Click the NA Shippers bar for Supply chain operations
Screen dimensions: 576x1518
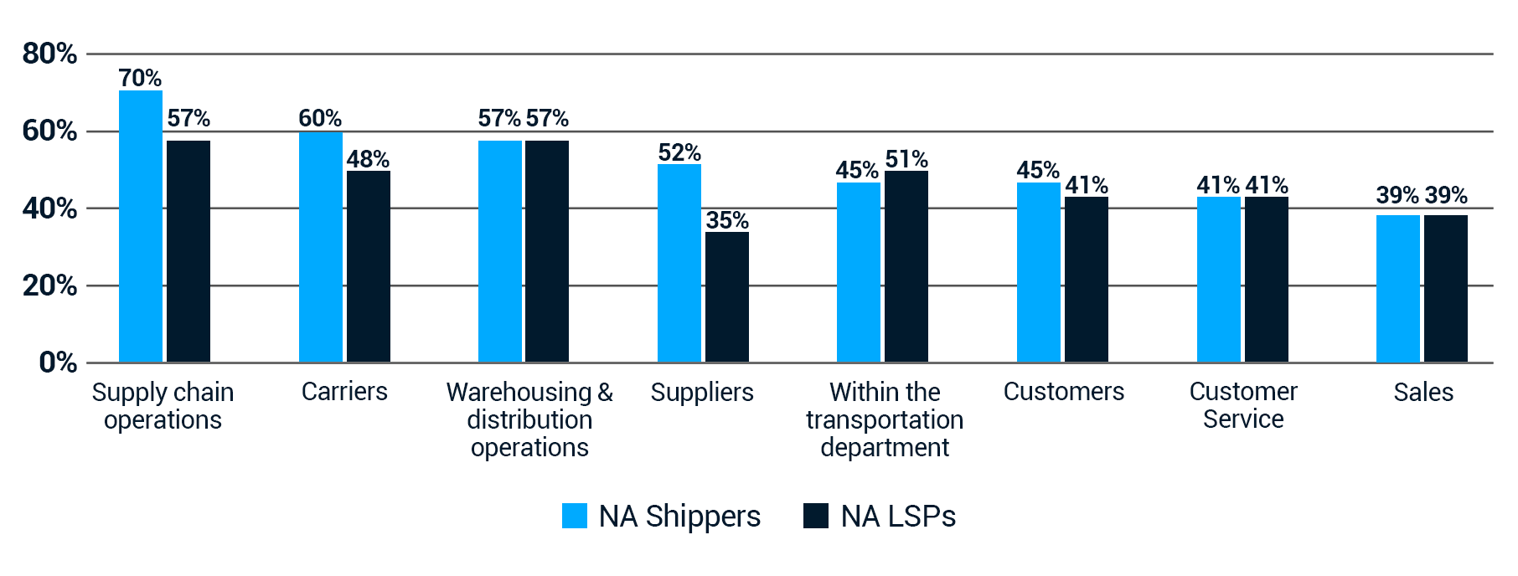click(141, 226)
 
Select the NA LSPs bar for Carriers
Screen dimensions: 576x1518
click(369, 266)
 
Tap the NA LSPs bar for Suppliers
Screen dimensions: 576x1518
click(727, 297)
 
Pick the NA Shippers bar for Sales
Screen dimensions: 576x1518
click(1398, 289)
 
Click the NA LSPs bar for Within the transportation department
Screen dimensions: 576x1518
click(906, 266)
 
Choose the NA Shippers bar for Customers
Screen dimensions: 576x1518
click(1039, 272)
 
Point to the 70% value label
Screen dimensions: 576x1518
click(140, 78)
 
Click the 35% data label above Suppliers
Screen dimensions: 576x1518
click(727, 220)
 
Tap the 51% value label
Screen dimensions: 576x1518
click(906, 159)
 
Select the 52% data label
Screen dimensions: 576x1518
click(679, 152)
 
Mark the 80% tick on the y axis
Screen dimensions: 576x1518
click(49, 54)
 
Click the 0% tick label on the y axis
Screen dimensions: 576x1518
click(58, 363)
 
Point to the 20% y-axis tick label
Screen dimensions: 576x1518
click(49, 285)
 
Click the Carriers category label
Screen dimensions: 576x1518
click(344, 392)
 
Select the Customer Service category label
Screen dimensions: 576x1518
click(1243, 405)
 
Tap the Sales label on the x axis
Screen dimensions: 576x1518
click(1423, 392)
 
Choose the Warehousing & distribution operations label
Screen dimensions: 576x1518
click(529, 419)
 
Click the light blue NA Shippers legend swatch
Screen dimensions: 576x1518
click(575, 516)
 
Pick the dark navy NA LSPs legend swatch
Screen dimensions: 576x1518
click(816, 516)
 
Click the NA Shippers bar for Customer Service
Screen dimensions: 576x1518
click(1219, 280)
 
